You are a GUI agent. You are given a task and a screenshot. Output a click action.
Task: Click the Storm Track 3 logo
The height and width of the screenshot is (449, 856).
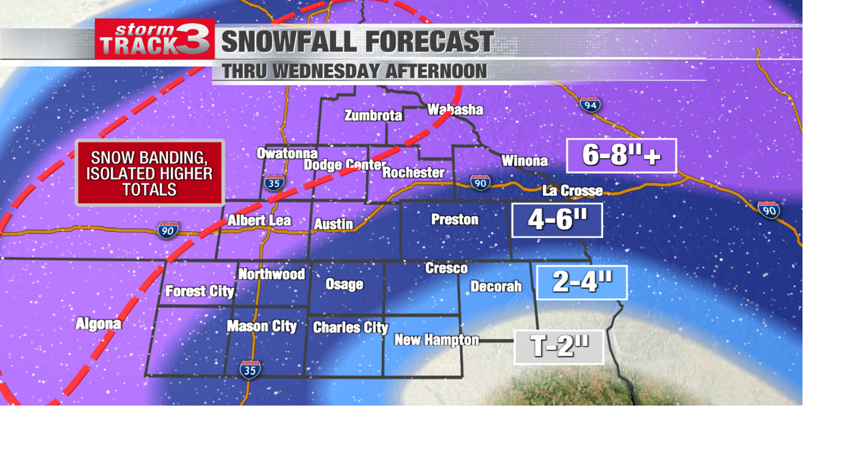154,39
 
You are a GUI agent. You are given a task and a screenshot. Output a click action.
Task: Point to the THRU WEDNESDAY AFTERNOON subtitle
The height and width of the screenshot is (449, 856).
354,71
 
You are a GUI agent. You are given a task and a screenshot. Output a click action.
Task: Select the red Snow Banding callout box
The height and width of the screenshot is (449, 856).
150,173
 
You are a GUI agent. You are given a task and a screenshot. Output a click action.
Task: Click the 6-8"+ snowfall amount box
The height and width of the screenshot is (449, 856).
621,156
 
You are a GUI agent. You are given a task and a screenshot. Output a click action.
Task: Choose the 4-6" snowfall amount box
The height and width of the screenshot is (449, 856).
557,220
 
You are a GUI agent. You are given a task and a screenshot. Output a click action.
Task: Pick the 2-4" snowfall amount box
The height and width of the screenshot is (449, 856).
581,283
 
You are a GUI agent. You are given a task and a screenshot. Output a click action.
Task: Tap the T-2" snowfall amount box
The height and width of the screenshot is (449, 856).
559,347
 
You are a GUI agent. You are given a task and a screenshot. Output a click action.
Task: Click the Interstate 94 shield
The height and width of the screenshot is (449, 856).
590,104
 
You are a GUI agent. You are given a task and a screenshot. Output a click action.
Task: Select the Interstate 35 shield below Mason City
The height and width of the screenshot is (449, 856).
250,369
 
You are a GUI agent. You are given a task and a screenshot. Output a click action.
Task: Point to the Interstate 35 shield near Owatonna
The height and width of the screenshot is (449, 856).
274,182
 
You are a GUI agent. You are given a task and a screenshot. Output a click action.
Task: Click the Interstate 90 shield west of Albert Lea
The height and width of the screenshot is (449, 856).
168,231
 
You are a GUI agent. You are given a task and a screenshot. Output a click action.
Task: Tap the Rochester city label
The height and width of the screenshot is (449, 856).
413,172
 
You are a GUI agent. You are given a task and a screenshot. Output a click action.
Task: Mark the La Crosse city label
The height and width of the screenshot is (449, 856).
572,190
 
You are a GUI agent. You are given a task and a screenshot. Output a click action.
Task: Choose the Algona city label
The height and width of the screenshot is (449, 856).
98,324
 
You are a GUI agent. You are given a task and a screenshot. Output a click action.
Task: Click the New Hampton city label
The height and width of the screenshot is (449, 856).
436,340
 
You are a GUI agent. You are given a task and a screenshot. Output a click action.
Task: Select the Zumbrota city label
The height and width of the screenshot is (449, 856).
373,116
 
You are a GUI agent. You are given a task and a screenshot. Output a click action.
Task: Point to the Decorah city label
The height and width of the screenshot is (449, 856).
496,287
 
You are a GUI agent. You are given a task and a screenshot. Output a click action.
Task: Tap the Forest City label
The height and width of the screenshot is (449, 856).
199,291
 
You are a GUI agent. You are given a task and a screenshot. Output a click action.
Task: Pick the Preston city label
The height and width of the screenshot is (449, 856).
455,219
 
